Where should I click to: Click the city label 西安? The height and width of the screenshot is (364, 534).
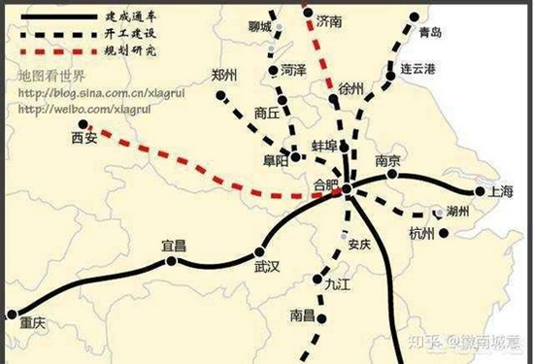(85, 140)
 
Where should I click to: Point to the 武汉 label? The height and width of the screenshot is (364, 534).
(265, 265)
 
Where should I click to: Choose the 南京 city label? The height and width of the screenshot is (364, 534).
(387, 161)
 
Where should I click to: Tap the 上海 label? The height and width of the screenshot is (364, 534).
(502, 191)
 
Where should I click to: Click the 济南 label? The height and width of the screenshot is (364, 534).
(331, 22)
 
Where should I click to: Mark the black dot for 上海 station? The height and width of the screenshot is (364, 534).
(479, 191)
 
